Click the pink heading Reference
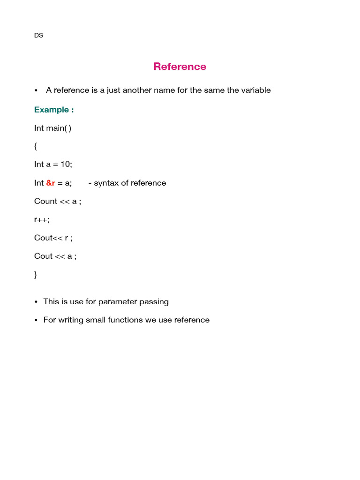tap(180, 67)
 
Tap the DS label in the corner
tap(38, 35)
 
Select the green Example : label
tap(54, 110)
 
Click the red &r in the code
tap(51, 183)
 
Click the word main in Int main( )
tap(56, 128)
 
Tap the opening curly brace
tap(36, 146)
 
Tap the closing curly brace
tap(36, 275)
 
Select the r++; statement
tap(41, 220)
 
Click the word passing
tap(154, 301)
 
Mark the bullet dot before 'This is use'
tap(36, 302)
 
